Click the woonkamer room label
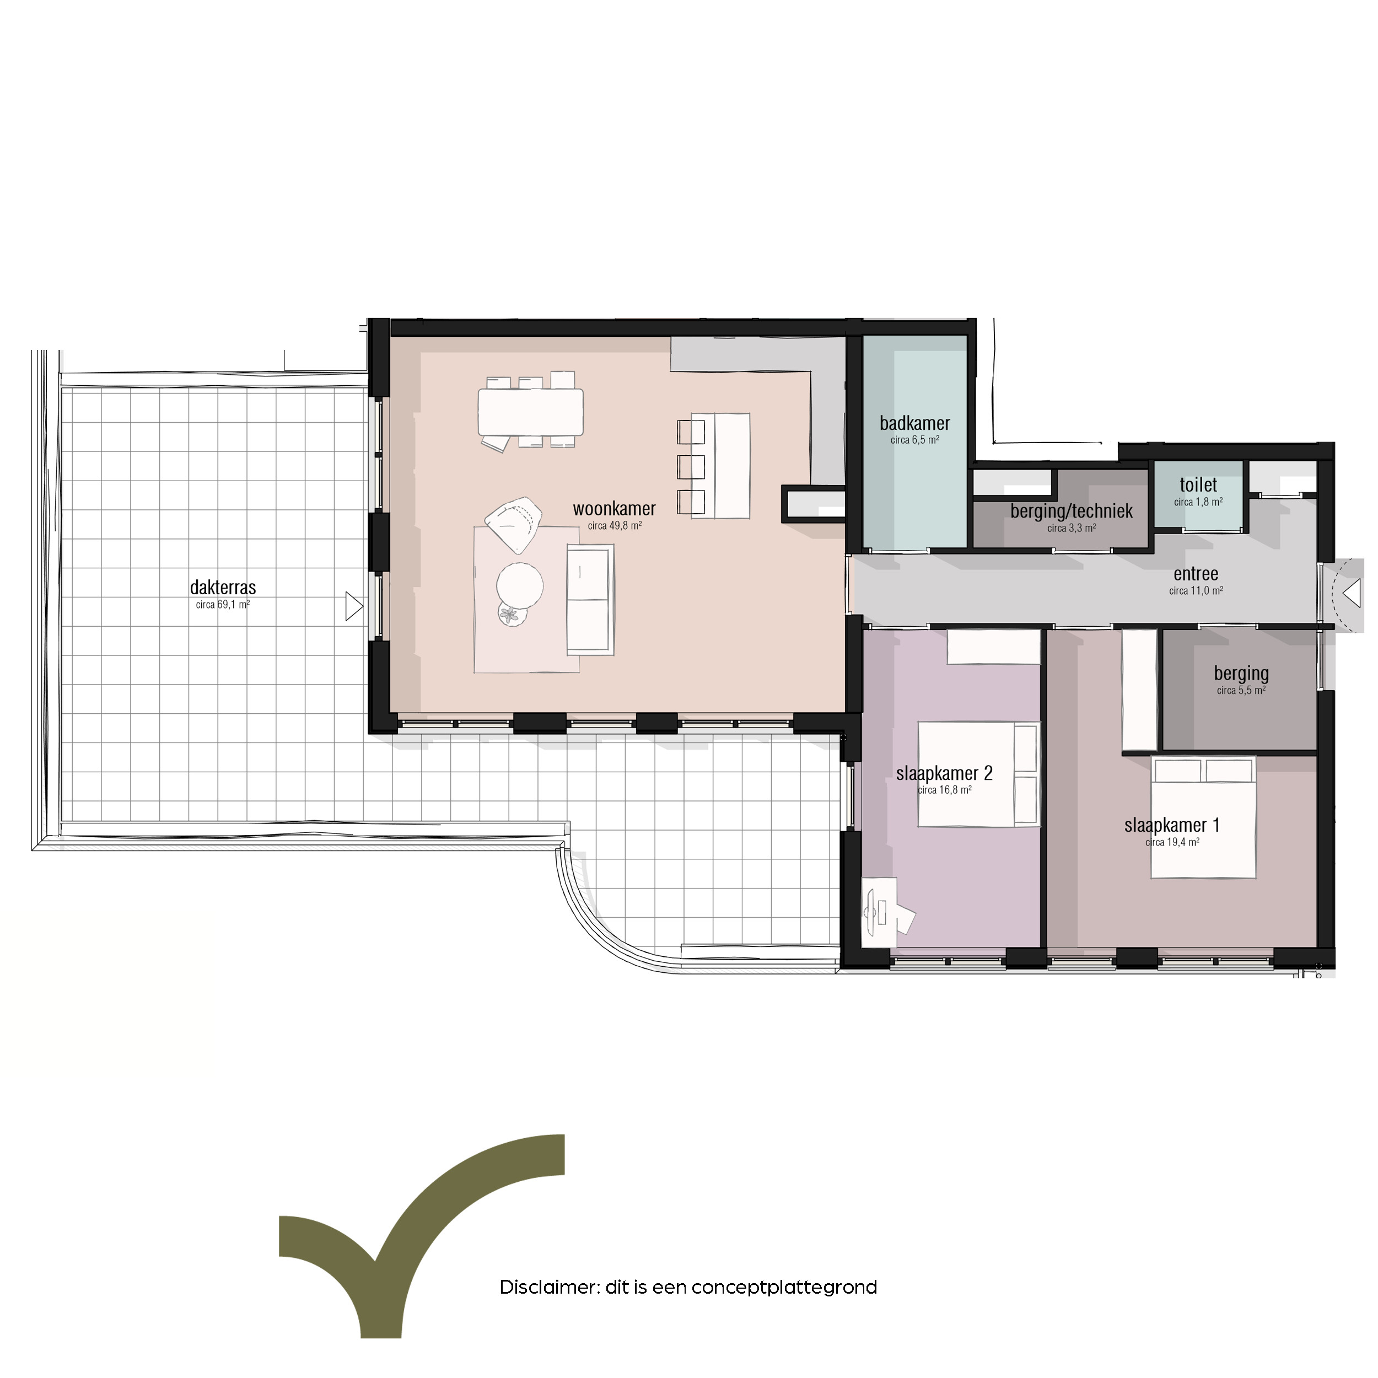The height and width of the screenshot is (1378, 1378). [x=614, y=509]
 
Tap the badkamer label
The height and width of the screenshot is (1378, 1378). [x=914, y=423]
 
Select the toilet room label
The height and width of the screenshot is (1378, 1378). [x=1198, y=485]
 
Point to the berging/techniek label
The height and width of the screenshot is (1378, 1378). [x=1072, y=512]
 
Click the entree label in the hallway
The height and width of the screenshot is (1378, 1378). [x=1196, y=573]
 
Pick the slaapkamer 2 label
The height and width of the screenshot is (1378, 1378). [x=944, y=773]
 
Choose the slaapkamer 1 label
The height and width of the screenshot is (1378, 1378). [x=1172, y=825]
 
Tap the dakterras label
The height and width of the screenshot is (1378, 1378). [x=223, y=588]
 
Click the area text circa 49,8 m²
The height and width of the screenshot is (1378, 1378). [x=614, y=526]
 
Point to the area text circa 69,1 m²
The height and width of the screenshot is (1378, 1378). [x=223, y=605]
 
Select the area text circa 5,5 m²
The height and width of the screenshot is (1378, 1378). [x=1241, y=691]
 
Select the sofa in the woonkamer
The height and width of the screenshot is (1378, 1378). [x=590, y=599]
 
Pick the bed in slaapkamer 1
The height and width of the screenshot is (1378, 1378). [x=1203, y=817]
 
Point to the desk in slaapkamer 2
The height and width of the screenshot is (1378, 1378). [x=879, y=912]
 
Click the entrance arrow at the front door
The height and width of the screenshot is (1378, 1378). [x=1351, y=593]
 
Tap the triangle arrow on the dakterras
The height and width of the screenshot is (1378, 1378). [x=354, y=606]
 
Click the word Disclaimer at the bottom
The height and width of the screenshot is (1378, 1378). [x=547, y=1288]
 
